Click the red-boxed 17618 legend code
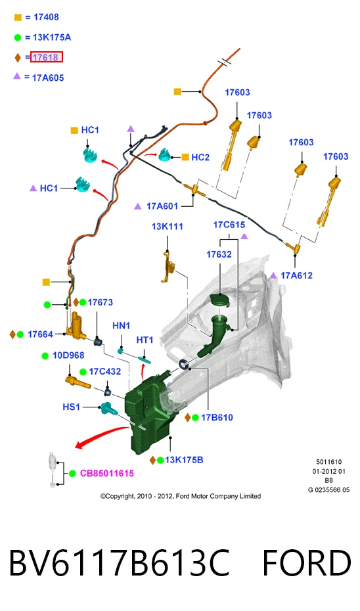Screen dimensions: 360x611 (46, 57)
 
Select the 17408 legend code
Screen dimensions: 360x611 (46, 17)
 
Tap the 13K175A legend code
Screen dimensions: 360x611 (52, 37)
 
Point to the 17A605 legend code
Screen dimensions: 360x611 (48, 78)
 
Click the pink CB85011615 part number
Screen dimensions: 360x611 (107, 474)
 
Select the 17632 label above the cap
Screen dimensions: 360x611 (219, 254)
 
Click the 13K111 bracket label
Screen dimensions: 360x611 (167, 227)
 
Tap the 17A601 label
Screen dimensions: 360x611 (162, 206)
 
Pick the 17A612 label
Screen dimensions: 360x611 (296, 275)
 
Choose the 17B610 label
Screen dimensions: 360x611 (217, 418)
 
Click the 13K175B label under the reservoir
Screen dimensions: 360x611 (184, 460)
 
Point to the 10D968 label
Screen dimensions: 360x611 (68, 355)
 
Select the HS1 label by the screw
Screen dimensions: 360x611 (71, 407)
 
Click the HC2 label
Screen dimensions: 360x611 (200, 158)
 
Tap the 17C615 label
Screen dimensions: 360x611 (229, 225)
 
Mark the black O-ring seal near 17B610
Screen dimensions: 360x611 (184, 365)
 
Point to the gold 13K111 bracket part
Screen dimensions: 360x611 (168, 267)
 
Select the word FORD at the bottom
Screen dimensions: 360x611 (307, 563)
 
